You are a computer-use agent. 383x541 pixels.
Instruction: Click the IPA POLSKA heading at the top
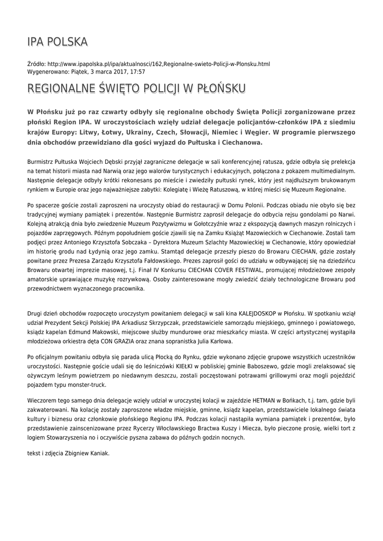[58, 42]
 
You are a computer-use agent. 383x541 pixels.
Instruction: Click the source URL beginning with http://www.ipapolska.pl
[158, 64]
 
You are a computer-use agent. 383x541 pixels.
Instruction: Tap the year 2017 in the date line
[117, 71]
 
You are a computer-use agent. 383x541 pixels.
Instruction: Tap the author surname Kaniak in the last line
[98, 453]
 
